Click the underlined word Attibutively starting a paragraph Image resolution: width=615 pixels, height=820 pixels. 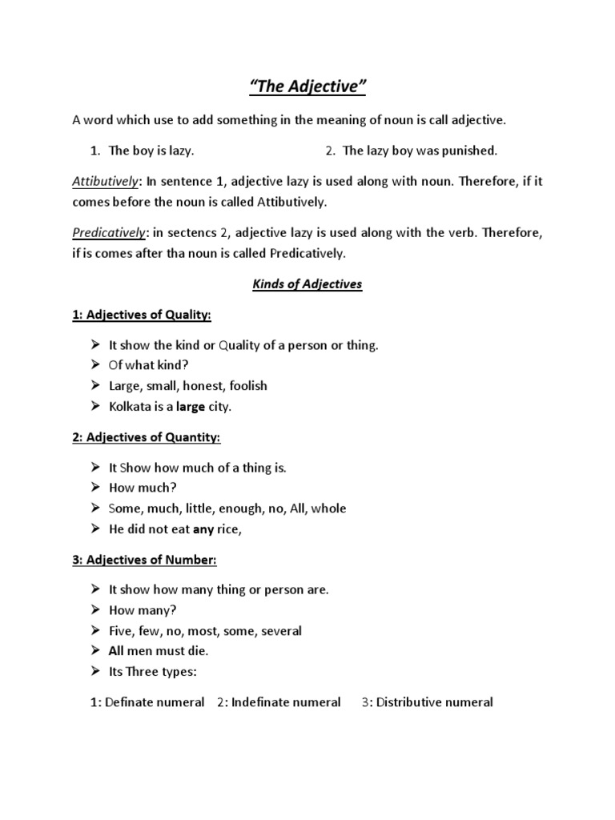click(x=104, y=182)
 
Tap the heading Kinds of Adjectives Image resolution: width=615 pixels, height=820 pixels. click(x=307, y=284)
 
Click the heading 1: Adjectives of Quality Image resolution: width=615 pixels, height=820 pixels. click(x=142, y=316)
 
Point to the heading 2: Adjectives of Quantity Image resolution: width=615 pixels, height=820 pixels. click(x=147, y=437)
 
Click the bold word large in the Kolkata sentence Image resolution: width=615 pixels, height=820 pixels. click(x=191, y=407)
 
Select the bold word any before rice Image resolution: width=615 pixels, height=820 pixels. click(x=203, y=529)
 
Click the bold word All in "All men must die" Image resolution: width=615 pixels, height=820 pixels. click(x=117, y=651)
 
